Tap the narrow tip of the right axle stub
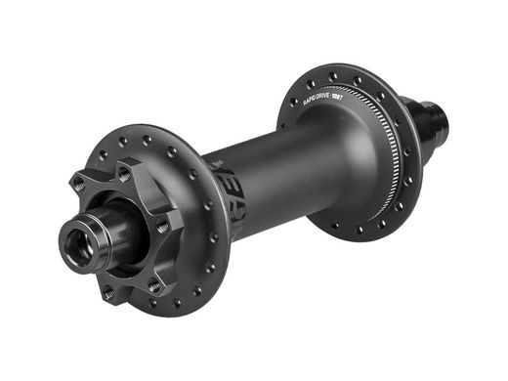pyautogui.click(x=442, y=123)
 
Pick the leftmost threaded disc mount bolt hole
pyautogui.click(x=77, y=183)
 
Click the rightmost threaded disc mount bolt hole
pyautogui.click(x=162, y=228)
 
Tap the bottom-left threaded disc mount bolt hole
pyautogui.click(x=108, y=293)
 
